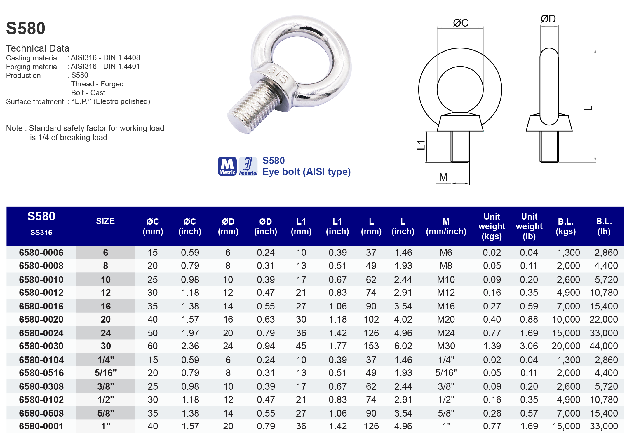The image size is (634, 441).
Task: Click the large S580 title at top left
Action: (26, 28)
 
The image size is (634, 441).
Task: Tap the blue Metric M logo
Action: (227, 166)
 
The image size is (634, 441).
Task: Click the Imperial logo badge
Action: (248, 166)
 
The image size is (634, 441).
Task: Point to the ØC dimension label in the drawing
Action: (460, 23)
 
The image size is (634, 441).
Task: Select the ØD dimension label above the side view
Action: (548, 19)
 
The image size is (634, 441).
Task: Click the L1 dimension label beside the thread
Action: (421, 145)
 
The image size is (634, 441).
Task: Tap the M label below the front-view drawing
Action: (443, 177)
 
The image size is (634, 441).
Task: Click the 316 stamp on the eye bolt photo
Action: (278, 74)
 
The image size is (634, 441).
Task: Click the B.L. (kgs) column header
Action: (565, 226)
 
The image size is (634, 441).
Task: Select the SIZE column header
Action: (105, 221)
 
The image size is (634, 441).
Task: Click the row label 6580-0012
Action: (41, 293)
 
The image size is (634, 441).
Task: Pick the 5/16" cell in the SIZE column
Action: (106, 373)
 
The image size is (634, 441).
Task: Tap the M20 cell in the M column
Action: (446, 319)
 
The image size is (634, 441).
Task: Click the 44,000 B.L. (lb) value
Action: (603, 346)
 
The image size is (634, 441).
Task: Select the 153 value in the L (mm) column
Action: (371, 346)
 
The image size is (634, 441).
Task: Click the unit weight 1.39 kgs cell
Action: (492, 346)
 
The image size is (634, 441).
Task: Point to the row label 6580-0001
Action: (41, 426)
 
